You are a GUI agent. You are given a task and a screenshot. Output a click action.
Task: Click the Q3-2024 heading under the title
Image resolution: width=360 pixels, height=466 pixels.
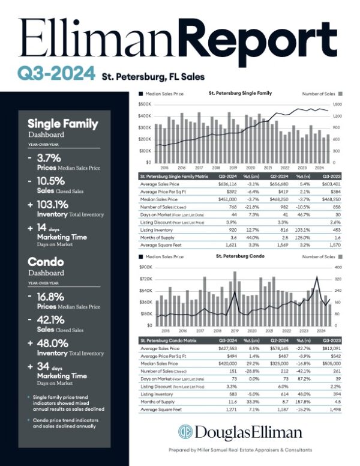pos(56,74)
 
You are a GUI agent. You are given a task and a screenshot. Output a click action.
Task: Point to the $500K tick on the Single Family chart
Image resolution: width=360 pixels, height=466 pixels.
pos(144,104)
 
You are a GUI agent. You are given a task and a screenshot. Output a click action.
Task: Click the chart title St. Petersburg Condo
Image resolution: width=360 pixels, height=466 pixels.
pos(239,256)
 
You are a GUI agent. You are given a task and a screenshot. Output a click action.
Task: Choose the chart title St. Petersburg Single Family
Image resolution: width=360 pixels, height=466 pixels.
pos(240,93)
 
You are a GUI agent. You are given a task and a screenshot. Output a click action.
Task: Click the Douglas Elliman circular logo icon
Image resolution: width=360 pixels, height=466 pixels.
pos(186,432)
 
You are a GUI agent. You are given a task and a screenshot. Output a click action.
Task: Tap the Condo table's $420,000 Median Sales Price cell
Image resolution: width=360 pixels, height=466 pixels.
pos(226,363)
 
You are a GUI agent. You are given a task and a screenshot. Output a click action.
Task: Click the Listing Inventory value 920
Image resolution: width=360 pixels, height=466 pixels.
pos(230,229)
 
